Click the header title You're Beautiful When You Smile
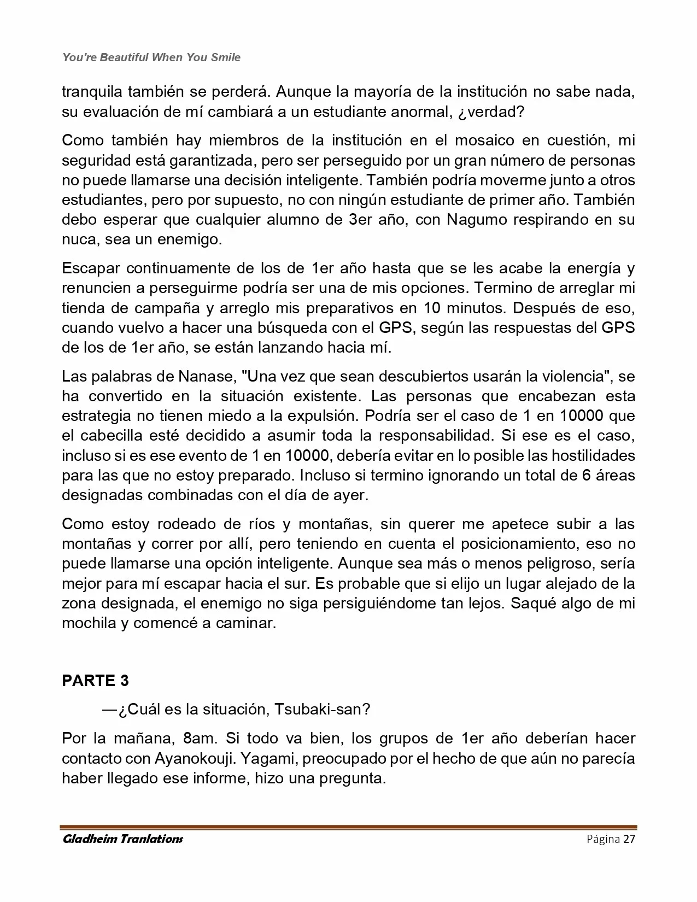point(151,57)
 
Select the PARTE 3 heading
point(96,681)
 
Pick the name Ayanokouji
point(186,759)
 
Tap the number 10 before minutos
point(433,308)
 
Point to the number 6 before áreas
point(587,476)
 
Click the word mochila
point(88,623)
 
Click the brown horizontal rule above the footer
point(348,827)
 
